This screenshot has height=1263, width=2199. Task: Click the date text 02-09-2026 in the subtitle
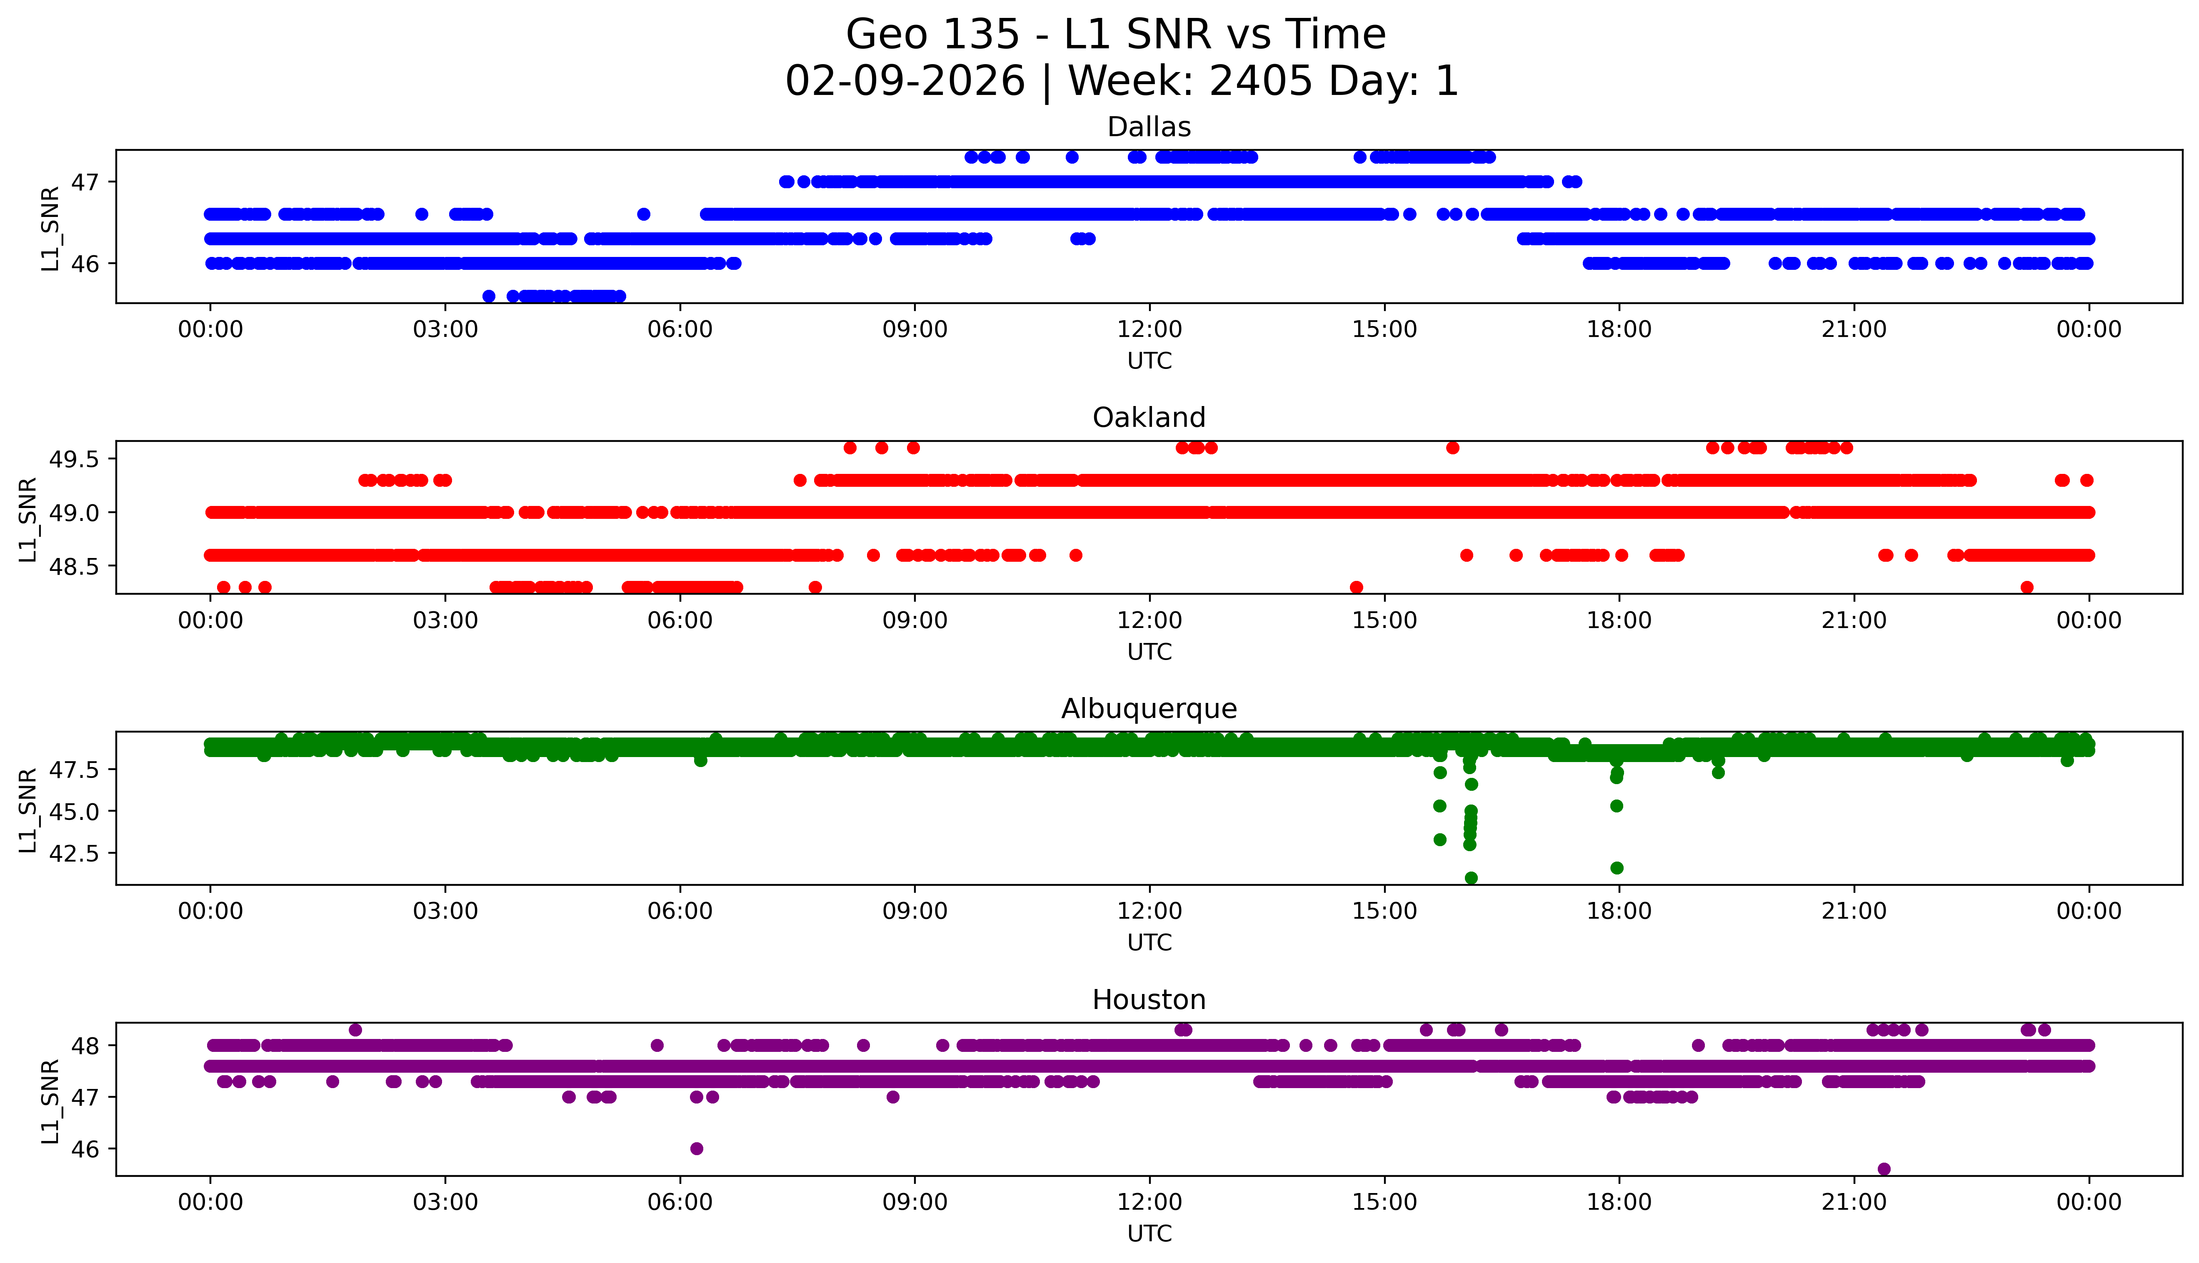pyautogui.click(x=905, y=82)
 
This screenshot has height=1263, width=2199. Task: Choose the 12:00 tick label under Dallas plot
pyautogui.click(x=1149, y=330)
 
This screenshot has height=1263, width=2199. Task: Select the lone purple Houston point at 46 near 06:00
pyautogui.click(x=696, y=1148)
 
